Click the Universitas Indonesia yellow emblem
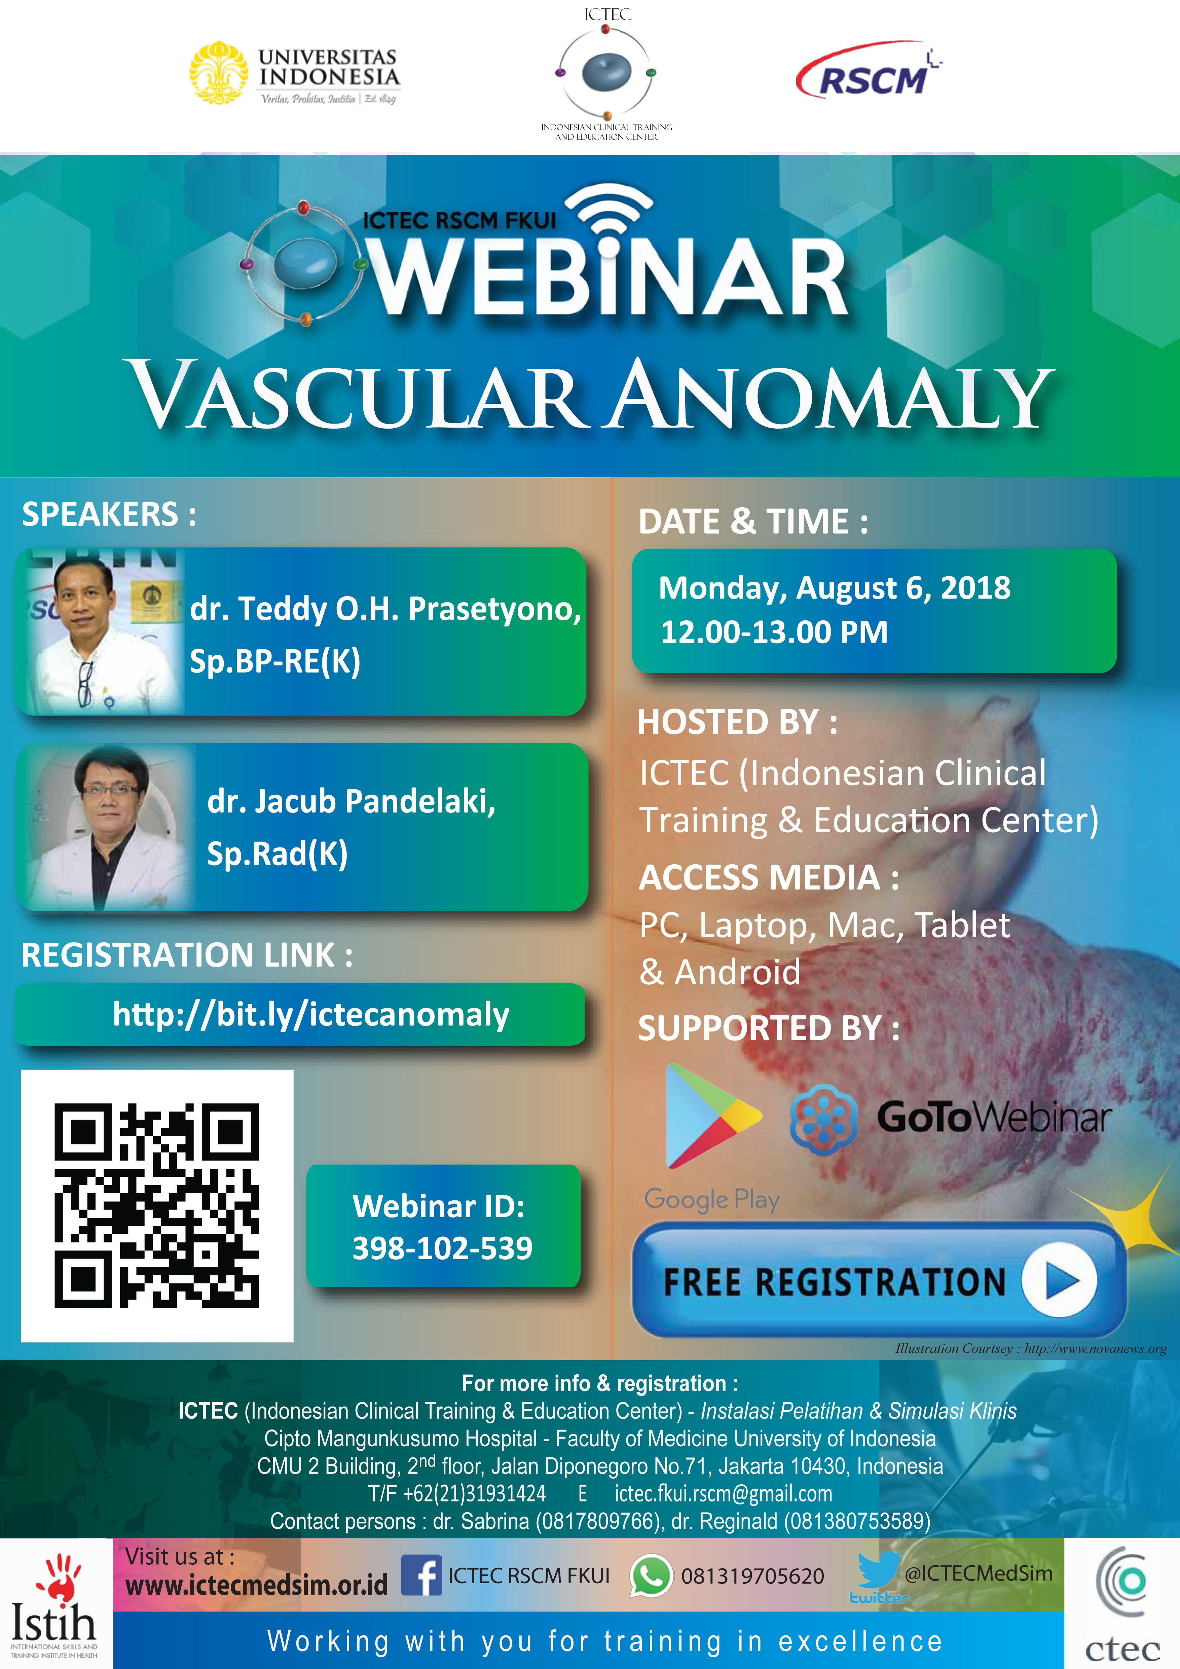[218, 73]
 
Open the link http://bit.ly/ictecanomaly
[311, 1014]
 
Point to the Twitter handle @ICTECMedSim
[978, 1574]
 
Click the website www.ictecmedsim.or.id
[257, 1585]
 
